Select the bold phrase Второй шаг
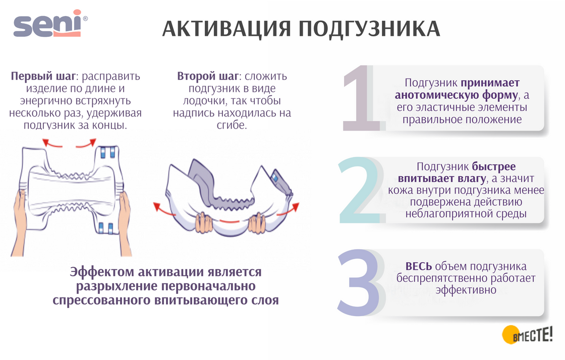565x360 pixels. pos(207,77)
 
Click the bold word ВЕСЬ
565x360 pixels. pos(419,267)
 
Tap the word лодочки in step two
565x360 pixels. pos(209,101)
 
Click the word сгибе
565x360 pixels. pos(232,125)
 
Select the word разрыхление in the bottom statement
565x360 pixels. pos(117,286)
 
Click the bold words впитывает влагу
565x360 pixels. pos(442,178)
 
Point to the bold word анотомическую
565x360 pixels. pos(433,95)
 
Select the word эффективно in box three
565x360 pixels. pos(466,290)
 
